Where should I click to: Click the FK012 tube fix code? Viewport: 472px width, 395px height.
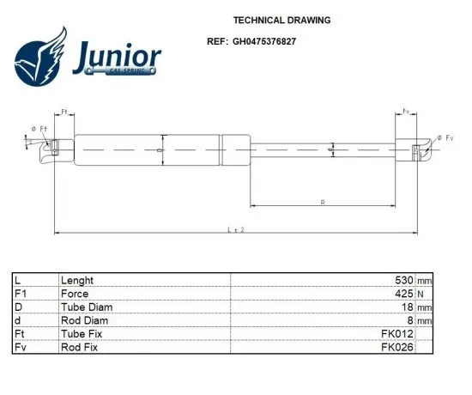click(x=398, y=333)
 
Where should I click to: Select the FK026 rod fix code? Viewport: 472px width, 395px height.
click(x=398, y=347)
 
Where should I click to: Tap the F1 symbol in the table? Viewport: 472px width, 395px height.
click(x=21, y=294)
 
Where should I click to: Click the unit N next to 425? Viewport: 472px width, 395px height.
click(x=421, y=294)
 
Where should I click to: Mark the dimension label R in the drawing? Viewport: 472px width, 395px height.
click(x=322, y=203)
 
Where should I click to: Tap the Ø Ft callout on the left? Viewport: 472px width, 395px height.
click(x=39, y=129)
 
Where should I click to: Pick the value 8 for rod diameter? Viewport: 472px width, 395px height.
click(x=411, y=320)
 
